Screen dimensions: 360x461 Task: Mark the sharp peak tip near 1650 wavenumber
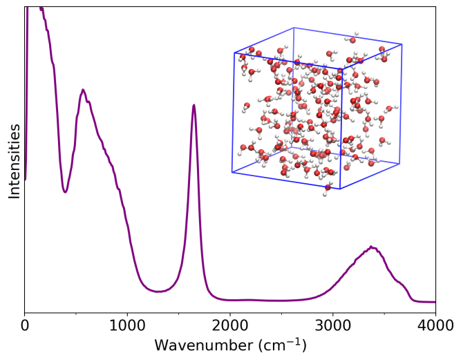(x=194, y=105)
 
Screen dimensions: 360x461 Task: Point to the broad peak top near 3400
(x=372, y=247)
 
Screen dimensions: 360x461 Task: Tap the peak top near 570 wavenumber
(x=83, y=90)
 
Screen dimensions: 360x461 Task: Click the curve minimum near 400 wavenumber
(x=66, y=192)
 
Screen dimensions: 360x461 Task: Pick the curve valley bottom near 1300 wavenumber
(x=158, y=292)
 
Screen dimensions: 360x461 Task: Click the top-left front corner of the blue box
(x=234, y=53)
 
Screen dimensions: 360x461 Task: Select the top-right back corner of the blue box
(x=402, y=44)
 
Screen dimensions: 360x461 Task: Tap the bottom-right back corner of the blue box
(x=399, y=163)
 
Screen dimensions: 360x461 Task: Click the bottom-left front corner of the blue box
(x=232, y=171)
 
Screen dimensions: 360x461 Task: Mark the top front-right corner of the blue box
(x=342, y=68)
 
